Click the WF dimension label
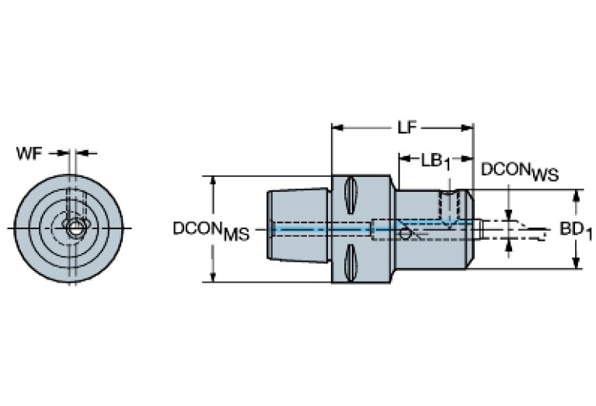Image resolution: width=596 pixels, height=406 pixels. tap(30, 153)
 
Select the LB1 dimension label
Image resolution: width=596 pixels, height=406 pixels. tap(436, 161)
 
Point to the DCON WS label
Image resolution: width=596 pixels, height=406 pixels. tap(519, 171)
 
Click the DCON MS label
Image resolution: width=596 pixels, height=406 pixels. tap(211, 231)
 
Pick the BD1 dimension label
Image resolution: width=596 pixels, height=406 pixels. tap(576, 231)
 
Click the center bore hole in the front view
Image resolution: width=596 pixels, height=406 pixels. tap(74, 228)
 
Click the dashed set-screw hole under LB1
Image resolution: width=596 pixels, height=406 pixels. tap(447, 204)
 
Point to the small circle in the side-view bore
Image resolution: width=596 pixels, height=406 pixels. tap(404, 233)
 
